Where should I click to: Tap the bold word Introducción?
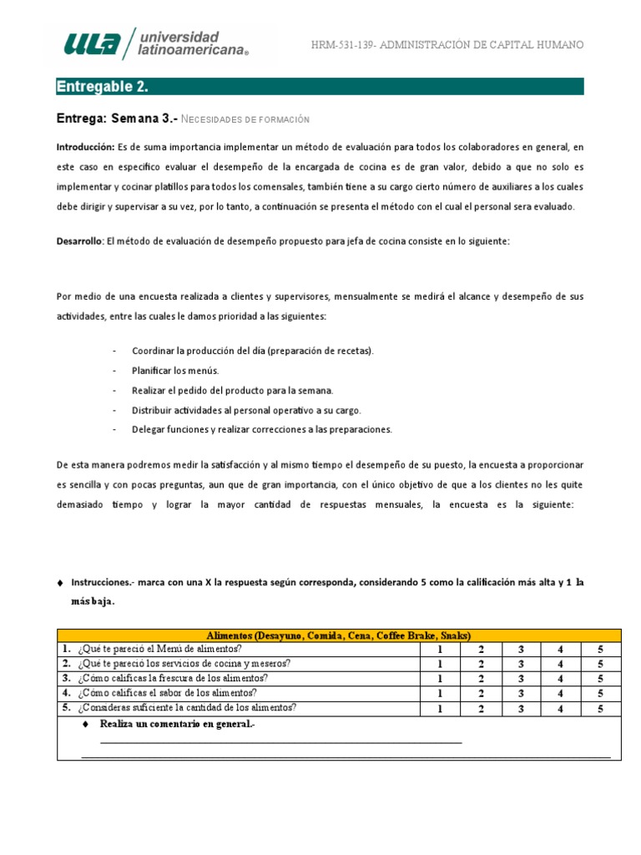tap(86, 146)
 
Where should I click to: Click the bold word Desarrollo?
tap(79, 240)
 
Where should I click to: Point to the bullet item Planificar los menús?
tap(174, 370)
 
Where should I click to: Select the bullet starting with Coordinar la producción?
tap(253, 351)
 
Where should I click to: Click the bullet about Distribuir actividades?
tap(246, 410)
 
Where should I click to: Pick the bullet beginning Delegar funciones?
tap(261, 430)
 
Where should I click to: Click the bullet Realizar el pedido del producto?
tap(232, 390)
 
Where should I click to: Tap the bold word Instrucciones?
tap(103, 581)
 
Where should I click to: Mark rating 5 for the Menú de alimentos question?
tap(599, 650)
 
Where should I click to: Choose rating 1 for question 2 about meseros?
tap(440, 665)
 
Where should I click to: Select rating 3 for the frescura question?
tap(520, 679)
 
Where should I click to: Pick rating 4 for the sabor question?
tap(560, 693)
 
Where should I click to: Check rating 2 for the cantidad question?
tap(481, 709)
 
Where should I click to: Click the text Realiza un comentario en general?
tap(177, 724)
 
